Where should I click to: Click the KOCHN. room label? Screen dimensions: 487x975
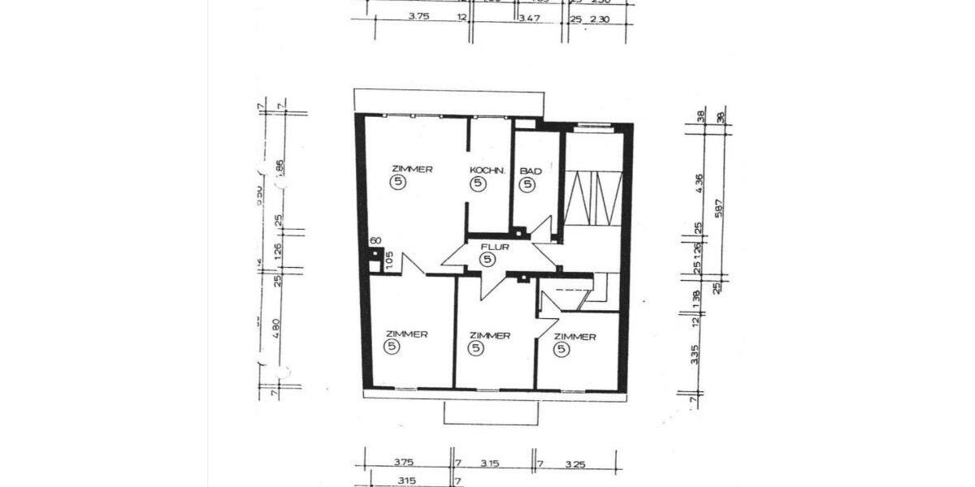point(487,170)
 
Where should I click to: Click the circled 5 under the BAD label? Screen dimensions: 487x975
point(528,185)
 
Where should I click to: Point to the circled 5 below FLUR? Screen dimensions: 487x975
point(487,260)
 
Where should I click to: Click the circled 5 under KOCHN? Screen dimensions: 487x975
point(478,185)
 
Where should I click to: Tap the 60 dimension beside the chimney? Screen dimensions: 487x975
point(375,241)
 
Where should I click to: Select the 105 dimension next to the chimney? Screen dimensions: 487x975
point(389,260)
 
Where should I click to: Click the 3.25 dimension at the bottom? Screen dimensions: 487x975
point(574,463)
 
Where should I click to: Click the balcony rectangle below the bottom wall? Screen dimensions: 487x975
point(491,412)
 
